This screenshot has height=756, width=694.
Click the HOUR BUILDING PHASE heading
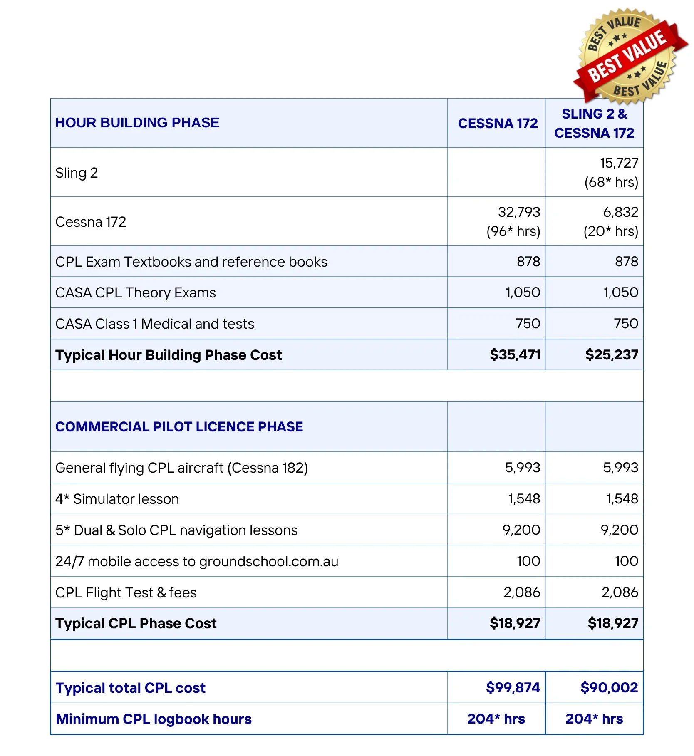tap(137, 123)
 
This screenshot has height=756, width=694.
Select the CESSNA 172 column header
tap(498, 124)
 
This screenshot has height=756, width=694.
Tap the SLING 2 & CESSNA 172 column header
tap(594, 123)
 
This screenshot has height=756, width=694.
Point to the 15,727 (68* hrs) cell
tap(611, 172)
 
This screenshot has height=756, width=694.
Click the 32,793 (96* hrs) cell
tap(513, 221)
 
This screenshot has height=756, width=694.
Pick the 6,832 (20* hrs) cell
tap(611, 221)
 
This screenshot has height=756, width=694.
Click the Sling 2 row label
tap(77, 173)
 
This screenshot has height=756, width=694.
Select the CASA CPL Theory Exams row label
tap(136, 293)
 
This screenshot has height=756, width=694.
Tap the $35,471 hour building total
tap(515, 355)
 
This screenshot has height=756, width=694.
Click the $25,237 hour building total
tap(611, 355)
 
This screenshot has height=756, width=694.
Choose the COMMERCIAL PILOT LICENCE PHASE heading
tap(179, 427)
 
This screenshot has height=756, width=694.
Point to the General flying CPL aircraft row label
tap(181, 468)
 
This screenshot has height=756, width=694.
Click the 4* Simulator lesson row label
tap(117, 499)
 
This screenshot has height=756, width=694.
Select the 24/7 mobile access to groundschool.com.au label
tap(197, 562)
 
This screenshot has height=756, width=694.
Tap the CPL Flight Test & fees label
tap(126, 593)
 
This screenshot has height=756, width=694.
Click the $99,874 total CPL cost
tap(513, 688)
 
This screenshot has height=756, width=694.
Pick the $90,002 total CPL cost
tap(609, 688)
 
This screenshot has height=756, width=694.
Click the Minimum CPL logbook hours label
tap(154, 719)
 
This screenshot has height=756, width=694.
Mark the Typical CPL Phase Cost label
tap(136, 624)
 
